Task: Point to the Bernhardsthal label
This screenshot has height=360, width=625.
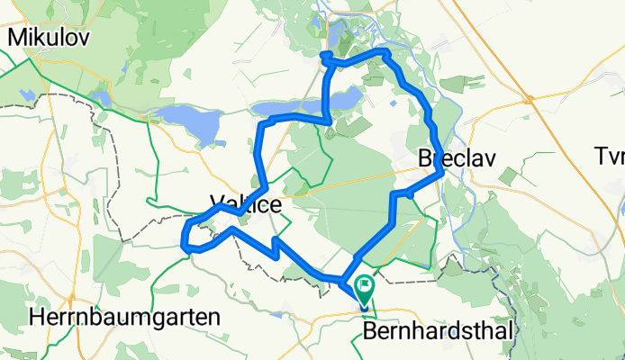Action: pos(439,331)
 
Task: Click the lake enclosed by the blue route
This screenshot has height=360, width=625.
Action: pos(342,100)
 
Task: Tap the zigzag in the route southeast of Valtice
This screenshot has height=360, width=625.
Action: pos(276,247)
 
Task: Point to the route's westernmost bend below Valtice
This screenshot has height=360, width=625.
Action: pos(184,240)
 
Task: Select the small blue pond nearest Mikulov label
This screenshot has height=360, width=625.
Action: pos(99,94)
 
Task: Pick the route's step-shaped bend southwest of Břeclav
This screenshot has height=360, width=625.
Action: pos(401,193)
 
